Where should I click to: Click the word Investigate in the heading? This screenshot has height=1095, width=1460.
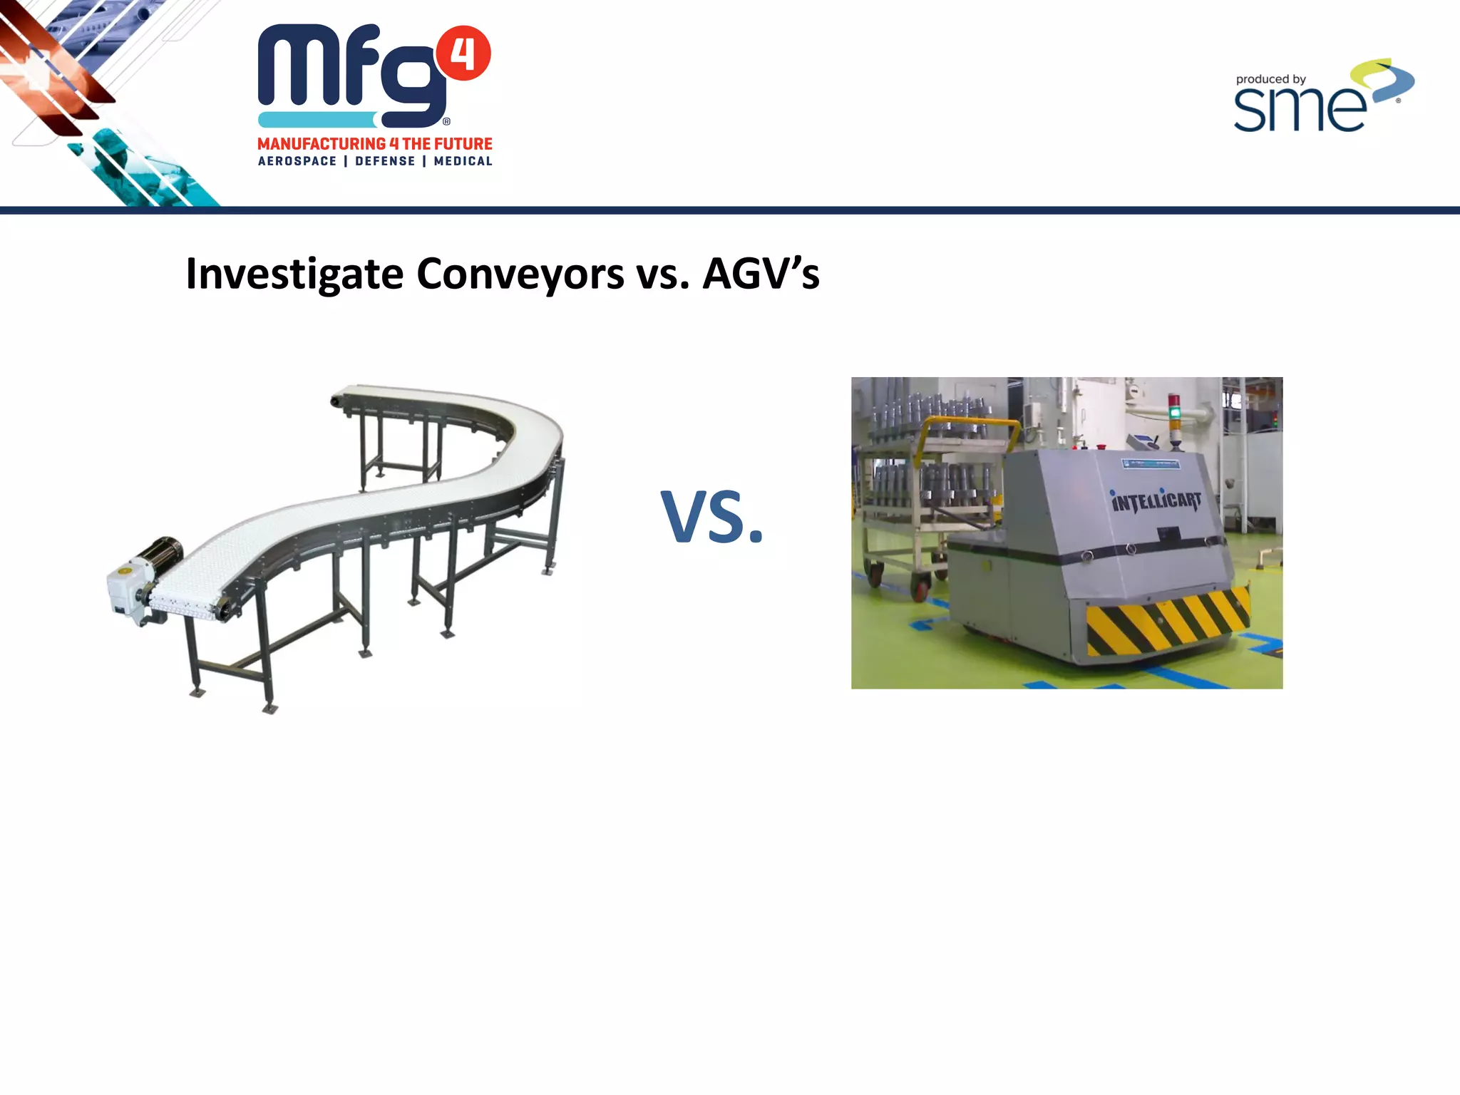click(294, 274)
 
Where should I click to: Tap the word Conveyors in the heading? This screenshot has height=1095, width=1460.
click(520, 274)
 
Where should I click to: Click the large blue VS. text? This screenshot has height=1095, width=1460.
click(711, 518)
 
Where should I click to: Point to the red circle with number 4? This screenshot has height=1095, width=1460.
click(463, 53)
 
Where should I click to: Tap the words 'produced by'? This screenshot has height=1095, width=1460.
click(1270, 79)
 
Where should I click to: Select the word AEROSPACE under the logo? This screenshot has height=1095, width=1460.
click(297, 161)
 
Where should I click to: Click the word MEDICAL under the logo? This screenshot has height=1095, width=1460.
click(463, 161)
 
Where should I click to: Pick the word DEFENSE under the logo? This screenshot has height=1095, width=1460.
click(385, 161)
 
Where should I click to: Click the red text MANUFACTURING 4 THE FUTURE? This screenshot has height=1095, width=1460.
click(375, 143)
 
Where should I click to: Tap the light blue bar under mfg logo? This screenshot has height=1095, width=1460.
click(318, 120)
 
